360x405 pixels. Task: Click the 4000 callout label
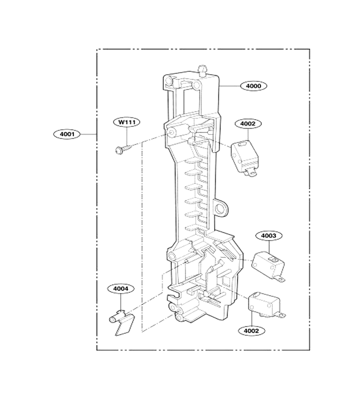(253, 86)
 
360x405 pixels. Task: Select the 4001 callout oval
(67, 134)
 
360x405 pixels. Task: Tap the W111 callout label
(127, 122)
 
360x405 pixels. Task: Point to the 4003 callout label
(269, 235)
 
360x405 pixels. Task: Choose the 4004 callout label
(121, 288)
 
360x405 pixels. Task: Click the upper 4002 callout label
(248, 123)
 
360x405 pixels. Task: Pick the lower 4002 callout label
(252, 331)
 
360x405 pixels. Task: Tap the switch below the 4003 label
(269, 266)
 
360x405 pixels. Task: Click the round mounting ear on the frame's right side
(221, 207)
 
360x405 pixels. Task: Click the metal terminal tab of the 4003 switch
(280, 279)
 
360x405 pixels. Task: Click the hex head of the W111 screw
(118, 150)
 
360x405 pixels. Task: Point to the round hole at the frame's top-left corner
(168, 81)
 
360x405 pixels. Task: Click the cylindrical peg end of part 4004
(112, 320)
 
